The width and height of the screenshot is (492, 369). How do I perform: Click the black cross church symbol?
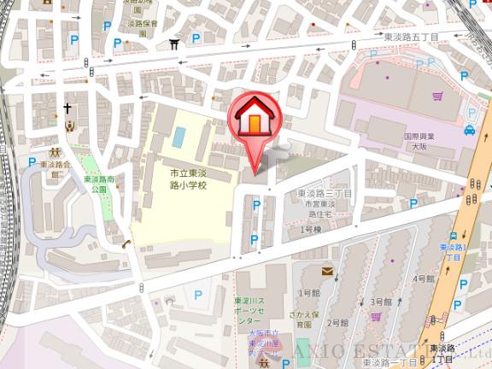pos(67,108)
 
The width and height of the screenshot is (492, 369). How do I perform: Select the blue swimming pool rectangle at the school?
pos(179,136)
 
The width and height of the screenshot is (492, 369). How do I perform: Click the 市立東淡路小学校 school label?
pos(187,179)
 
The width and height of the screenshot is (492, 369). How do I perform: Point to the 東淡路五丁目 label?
pos(411,38)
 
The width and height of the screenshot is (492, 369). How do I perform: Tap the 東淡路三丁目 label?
pos(325,195)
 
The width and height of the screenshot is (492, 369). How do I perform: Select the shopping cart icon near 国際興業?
pos(437,96)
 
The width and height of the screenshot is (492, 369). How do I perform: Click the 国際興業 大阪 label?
pos(419,141)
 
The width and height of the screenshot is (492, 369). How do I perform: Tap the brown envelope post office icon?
pos(327,271)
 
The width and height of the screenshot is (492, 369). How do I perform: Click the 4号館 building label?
pos(425,278)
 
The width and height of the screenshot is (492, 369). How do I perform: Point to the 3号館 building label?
pos(381,302)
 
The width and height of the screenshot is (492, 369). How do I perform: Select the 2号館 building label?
pos(338,323)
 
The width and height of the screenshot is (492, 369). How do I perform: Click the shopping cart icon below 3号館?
pos(376,317)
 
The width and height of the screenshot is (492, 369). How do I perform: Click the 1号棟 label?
pos(310,230)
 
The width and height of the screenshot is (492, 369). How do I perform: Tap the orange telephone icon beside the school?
pos(126,244)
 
